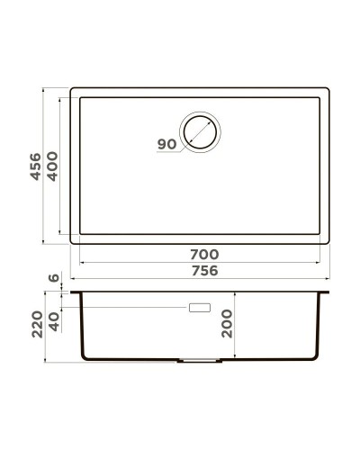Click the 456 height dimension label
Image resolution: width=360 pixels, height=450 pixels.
click(x=35, y=166)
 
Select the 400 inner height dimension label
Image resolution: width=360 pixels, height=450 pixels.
click(x=52, y=166)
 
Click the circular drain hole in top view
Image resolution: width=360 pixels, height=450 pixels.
click(x=200, y=131)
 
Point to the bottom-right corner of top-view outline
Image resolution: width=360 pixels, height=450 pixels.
click(x=328, y=243)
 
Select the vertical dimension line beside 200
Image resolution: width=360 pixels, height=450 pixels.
click(x=236, y=325)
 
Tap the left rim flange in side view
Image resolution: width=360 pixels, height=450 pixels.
click(x=76, y=292)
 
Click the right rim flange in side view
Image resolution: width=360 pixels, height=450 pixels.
click(x=324, y=292)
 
